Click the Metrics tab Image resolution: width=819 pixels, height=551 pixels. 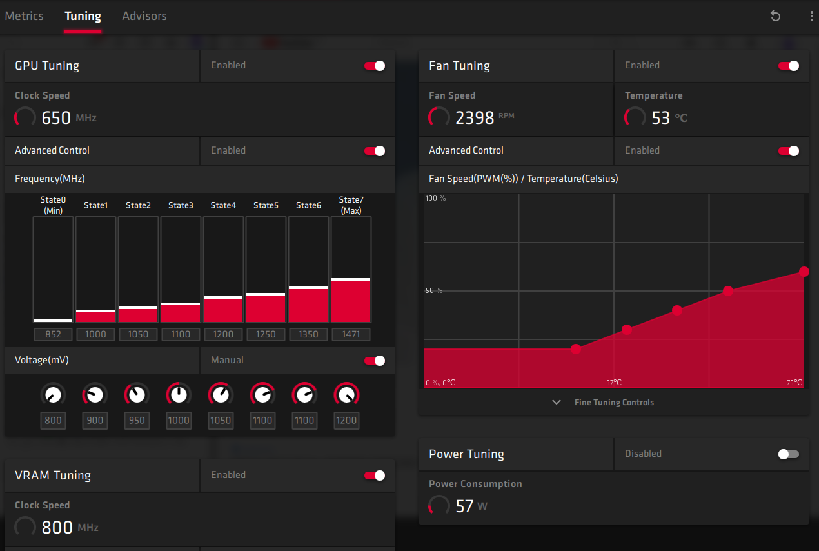click(25, 16)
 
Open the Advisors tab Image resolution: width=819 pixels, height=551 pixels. click(144, 16)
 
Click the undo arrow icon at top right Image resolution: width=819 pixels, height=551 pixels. click(776, 16)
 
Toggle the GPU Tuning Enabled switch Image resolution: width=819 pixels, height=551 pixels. click(375, 66)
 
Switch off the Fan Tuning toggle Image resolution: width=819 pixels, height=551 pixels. click(789, 66)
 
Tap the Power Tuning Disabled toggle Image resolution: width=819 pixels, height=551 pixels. click(789, 454)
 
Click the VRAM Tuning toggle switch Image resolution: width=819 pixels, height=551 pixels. click(375, 476)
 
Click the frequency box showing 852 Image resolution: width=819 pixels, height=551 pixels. click(53, 334)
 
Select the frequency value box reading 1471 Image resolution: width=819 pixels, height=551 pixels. click(351, 334)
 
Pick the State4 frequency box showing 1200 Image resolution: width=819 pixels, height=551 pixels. click(223, 334)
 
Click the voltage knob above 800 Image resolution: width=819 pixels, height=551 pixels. click(53, 394)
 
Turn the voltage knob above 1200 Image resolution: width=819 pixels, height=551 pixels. click(347, 394)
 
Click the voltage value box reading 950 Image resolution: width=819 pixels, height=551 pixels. click(137, 421)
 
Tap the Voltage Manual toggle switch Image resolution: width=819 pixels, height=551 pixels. click(375, 361)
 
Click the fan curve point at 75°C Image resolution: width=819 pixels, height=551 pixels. click(804, 272)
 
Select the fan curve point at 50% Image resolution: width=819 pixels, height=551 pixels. click(728, 291)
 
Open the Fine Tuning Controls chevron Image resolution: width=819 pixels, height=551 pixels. click(557, 402)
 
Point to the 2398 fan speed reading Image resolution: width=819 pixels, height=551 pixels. click(475, 117)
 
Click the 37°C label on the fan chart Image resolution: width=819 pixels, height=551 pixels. click(613, 383)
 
